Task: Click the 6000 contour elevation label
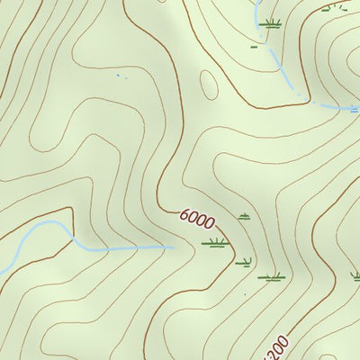point(195,220)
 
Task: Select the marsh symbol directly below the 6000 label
point(215,242)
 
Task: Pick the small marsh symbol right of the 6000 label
point(244,216)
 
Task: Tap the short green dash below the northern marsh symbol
point(255,44)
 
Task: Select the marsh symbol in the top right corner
point(335,6)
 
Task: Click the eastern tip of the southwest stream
point(171,246)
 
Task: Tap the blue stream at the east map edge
point(356,111)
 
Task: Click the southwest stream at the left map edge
point(3,270)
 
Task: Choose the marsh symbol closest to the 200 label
point(271,277)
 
